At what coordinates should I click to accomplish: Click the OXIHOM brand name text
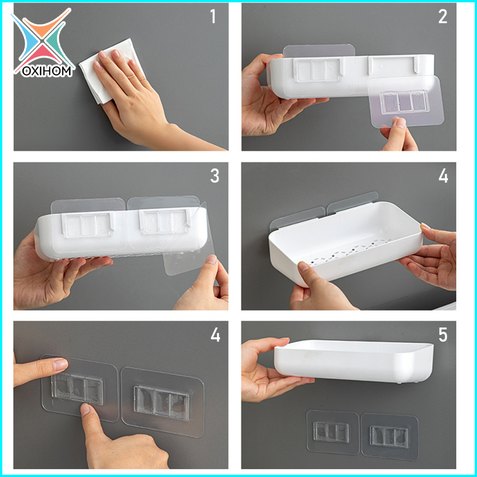pyautogui.click(x=47, y=71)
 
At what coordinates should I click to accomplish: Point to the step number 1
pyautogui.click(x=213, y=17)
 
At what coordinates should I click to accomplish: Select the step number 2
pyautogui.click(x=442, y=17)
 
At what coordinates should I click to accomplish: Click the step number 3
pyautogui.click(x=215, y=176)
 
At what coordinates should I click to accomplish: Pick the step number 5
pyautogui.click(x=442, y=335)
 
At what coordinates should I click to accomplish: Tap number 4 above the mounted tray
pyautogui.click(x=443, y=176)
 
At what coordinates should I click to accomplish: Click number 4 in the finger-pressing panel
pyautogui.click(x=215, y=335)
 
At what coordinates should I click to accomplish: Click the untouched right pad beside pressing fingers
pyautogui.click(x=162, y=401)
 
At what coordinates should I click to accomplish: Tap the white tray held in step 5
pyautogui.click(x=353, y=361)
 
